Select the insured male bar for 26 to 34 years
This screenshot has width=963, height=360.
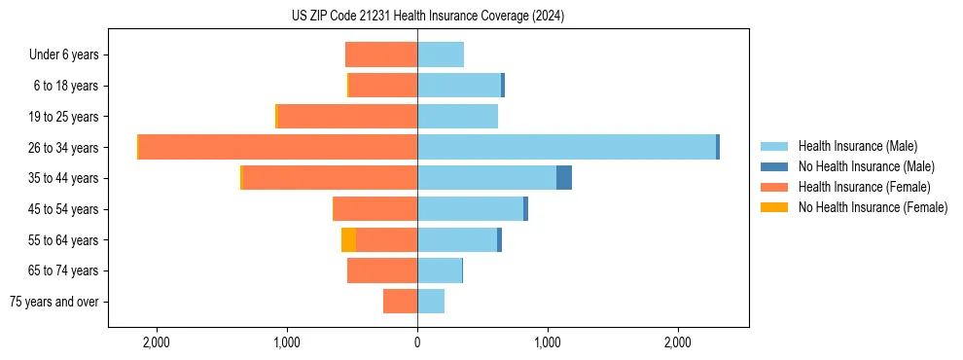tap(566, 147)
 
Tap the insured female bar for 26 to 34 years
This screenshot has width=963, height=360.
tap(278, 147)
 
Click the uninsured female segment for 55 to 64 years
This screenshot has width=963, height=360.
tap(348, 239)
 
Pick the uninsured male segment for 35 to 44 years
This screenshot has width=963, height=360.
tap(564, 178)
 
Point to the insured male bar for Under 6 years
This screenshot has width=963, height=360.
tap(441, 54)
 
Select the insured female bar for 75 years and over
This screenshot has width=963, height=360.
tap(400, 302)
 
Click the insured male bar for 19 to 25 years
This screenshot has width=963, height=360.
tap(457, 117)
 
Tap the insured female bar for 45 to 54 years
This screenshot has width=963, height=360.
tap(374, 209)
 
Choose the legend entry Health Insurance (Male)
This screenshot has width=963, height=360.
tap(857, 146)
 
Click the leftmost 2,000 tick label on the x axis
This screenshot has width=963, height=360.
tap(157, 342)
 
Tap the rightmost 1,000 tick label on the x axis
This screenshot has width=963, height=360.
tap(548, 342)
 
